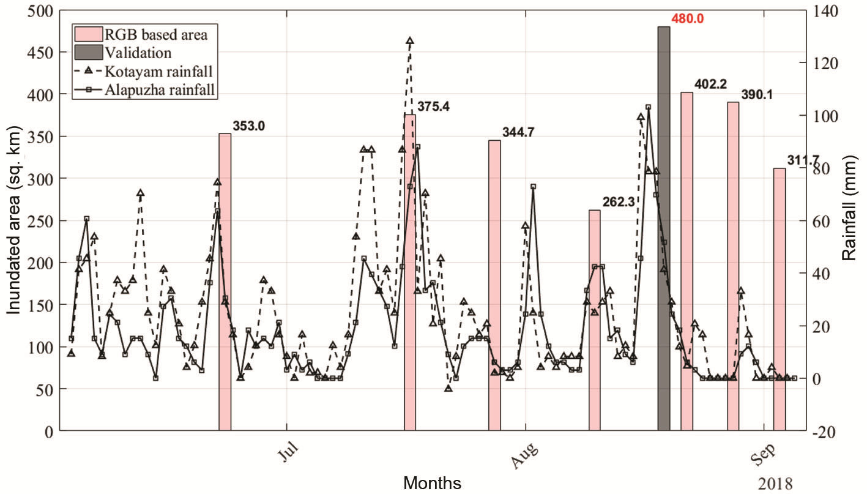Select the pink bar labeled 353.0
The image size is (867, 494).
click(x=225, y=282)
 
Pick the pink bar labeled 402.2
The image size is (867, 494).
click(x=687, y=263)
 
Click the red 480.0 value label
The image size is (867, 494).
click(x=688, y=19)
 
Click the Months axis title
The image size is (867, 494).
click(x=432, y=483)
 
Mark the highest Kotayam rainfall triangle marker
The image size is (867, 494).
click(x=410, y=41)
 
